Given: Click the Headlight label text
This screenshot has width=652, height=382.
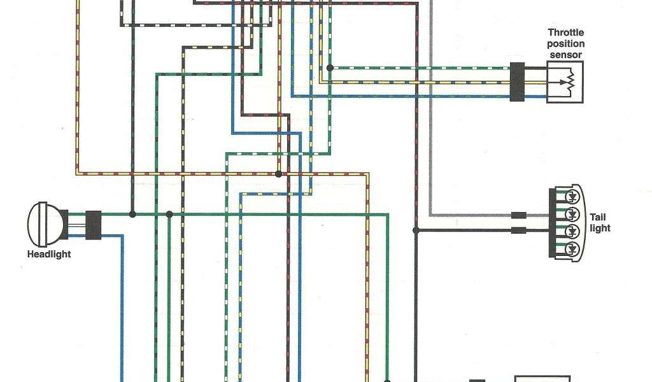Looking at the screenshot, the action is click(49, 255).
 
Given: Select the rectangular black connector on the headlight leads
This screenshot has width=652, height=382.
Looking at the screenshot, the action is click(93, 225).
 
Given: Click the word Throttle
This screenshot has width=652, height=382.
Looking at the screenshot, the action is click(565, 33).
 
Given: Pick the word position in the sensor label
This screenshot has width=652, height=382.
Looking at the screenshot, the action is click(565, 44).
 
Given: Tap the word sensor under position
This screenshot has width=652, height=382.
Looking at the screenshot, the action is click(565, 55).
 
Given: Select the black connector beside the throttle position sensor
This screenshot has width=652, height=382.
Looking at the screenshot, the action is click(517, 81).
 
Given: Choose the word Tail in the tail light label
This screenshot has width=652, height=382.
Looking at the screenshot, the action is click(599, 217).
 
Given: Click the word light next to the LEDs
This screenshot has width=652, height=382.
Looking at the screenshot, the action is click(600, 228).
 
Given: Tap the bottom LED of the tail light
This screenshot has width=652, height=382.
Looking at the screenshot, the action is click(572, 248).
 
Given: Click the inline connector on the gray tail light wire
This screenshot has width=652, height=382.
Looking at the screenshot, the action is click(519, 215).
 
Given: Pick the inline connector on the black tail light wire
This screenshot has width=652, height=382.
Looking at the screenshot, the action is click(519, 230).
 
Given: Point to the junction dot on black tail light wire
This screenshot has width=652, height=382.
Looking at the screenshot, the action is click(416, 230).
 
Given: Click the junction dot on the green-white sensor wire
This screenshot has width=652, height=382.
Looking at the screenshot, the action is click(329, 67).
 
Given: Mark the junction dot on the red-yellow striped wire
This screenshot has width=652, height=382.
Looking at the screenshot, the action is click(278, 173).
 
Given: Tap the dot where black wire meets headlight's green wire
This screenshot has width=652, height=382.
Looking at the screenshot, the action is click(132, 215).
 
